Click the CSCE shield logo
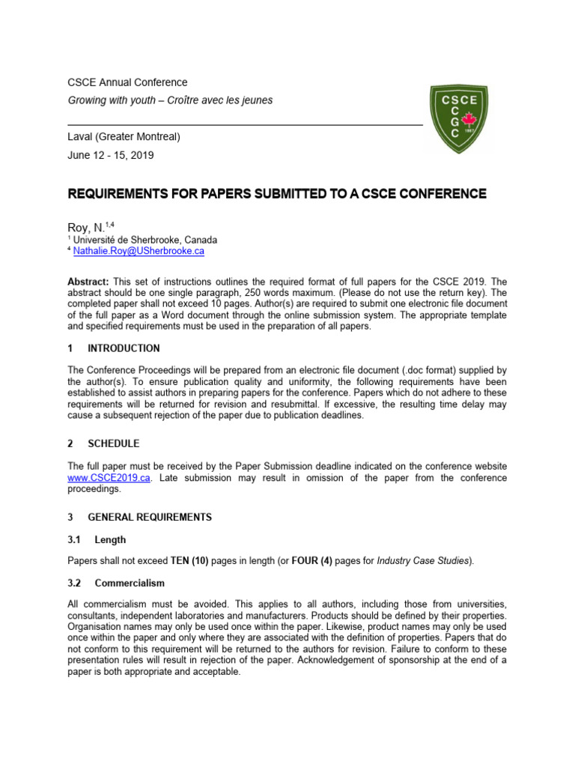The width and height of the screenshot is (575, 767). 458,118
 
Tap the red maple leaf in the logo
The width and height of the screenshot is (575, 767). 471,120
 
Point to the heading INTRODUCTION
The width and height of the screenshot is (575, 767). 124,348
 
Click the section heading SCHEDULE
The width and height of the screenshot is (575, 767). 113,444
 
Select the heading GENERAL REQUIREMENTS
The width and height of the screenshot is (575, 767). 150,518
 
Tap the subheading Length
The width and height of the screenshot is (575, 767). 110,539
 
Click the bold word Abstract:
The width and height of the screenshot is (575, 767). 88,280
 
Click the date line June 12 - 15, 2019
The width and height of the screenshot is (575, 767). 111,156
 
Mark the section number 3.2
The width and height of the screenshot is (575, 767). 76,583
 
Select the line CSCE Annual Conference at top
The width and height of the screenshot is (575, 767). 127,82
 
